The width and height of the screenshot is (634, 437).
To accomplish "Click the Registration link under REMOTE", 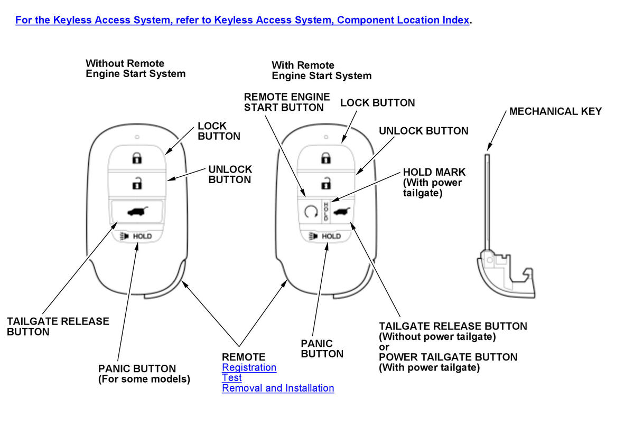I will pos(249,367).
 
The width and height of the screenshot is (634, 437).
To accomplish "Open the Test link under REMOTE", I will pos(232,378).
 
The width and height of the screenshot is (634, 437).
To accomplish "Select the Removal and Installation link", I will pos(278,388).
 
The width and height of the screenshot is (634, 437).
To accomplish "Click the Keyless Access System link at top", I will pos(243,20).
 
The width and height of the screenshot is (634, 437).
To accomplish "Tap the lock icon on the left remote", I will pos(137,157).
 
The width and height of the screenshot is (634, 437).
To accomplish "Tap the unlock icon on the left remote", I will pos(137,184).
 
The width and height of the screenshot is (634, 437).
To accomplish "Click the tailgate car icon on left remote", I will pos(137,212).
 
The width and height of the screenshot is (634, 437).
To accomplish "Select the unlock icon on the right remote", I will pos(327,183).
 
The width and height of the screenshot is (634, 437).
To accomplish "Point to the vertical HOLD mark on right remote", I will pos(326,211).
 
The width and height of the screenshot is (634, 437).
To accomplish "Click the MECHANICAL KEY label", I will pos(555,111).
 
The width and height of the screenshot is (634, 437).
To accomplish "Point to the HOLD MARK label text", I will pos(434,183).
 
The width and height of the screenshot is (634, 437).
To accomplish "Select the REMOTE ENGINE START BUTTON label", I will pos(286,102).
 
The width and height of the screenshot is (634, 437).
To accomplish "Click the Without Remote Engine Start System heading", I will pos(135,69).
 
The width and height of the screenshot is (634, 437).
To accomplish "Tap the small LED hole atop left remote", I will pos(137,137).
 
